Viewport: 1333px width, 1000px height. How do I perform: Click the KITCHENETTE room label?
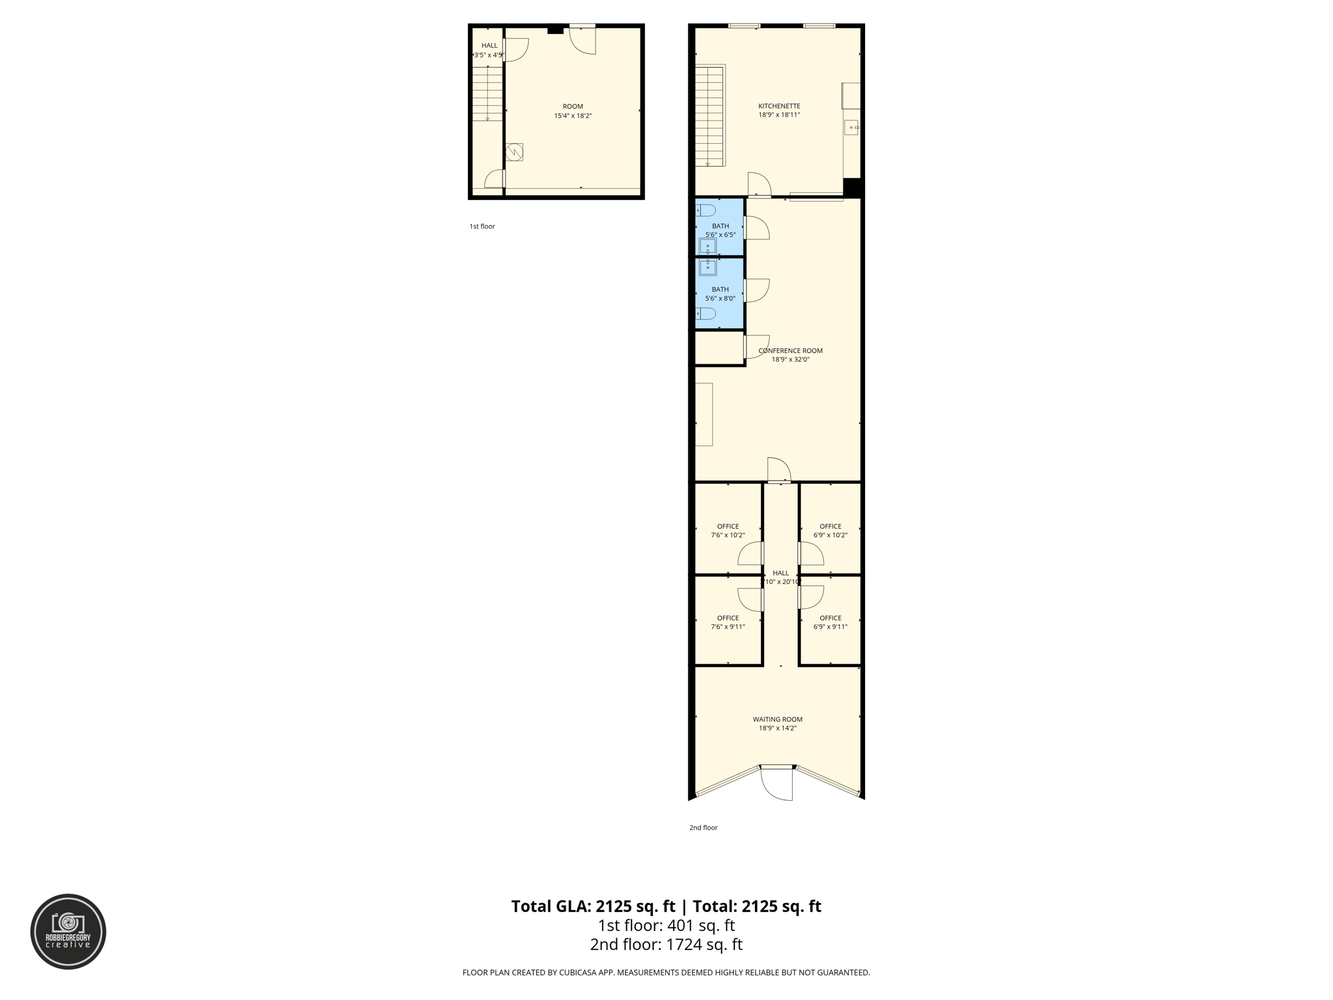[779, 106]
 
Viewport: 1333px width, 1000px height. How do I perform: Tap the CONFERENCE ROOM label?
[790, 351]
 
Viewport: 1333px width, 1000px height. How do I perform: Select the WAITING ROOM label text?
[777, 719]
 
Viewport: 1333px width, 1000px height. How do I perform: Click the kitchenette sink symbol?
[851, 128]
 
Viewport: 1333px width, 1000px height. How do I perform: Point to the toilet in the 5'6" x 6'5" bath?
[706, 210]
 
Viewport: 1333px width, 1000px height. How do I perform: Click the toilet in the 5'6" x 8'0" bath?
[706, 314]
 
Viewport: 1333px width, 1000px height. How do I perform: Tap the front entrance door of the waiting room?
[777, 785]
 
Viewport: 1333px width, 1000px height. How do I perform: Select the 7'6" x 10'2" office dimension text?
[728, 535]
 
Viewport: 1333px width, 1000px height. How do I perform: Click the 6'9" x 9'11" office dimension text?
[830, 627]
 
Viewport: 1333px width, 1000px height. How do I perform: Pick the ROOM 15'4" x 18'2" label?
[573, 111]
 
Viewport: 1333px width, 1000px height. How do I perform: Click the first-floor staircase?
[487, 94]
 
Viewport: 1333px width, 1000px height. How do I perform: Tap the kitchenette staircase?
[709, 116]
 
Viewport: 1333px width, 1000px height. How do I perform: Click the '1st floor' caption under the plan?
[482, 227]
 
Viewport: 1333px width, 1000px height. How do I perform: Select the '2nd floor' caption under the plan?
[703, 827]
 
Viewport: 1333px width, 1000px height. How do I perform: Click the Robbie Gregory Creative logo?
[68, 931]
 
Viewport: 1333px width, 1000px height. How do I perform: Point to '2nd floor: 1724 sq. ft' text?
[666, 945]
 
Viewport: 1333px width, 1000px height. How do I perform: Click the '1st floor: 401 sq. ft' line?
[666, 925]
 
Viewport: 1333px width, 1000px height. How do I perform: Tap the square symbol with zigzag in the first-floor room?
[514, 152]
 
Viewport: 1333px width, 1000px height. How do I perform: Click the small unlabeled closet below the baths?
[719, 348]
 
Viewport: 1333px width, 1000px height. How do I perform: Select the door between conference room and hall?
[778, 471]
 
